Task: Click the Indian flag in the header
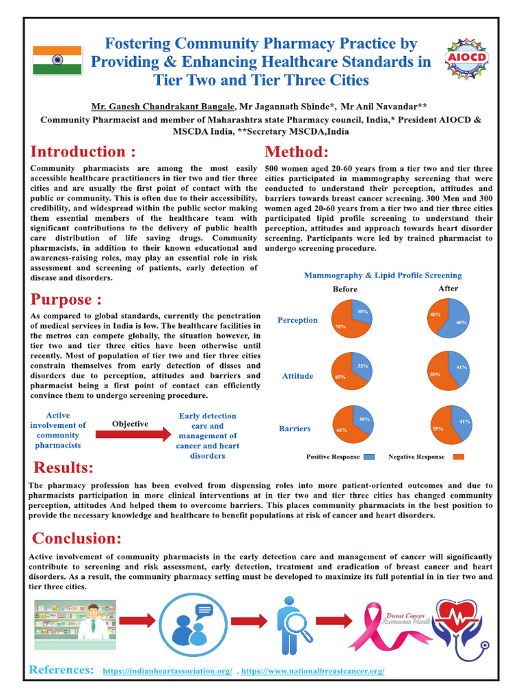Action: pos(57,60)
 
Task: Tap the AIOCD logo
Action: pos(466,60)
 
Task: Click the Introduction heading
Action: pos(82,152)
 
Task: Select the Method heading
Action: pos(296,152)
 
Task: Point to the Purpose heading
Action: pos(66,299)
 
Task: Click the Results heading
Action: pos(64,468)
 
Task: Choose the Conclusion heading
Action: pos(77,538)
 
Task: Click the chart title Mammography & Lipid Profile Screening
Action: pos(382,275)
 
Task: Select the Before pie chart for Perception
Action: pos(352,319)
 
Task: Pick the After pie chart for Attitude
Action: pos(448,371)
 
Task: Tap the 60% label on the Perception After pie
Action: pos(461,322)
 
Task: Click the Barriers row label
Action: pos(295,429)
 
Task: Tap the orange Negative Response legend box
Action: pos(459,457)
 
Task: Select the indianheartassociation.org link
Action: pos(167,672)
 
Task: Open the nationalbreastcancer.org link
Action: pos(313,672)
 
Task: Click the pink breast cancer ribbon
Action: pos(372,625)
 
